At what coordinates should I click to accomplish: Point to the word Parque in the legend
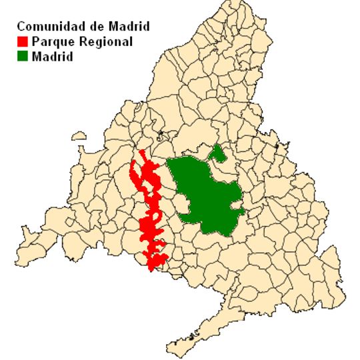50,42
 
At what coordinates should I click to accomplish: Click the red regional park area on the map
150,213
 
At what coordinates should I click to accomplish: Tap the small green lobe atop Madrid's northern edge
217,154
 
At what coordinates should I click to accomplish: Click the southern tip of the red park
152,270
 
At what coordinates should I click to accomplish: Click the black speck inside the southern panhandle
193,334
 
